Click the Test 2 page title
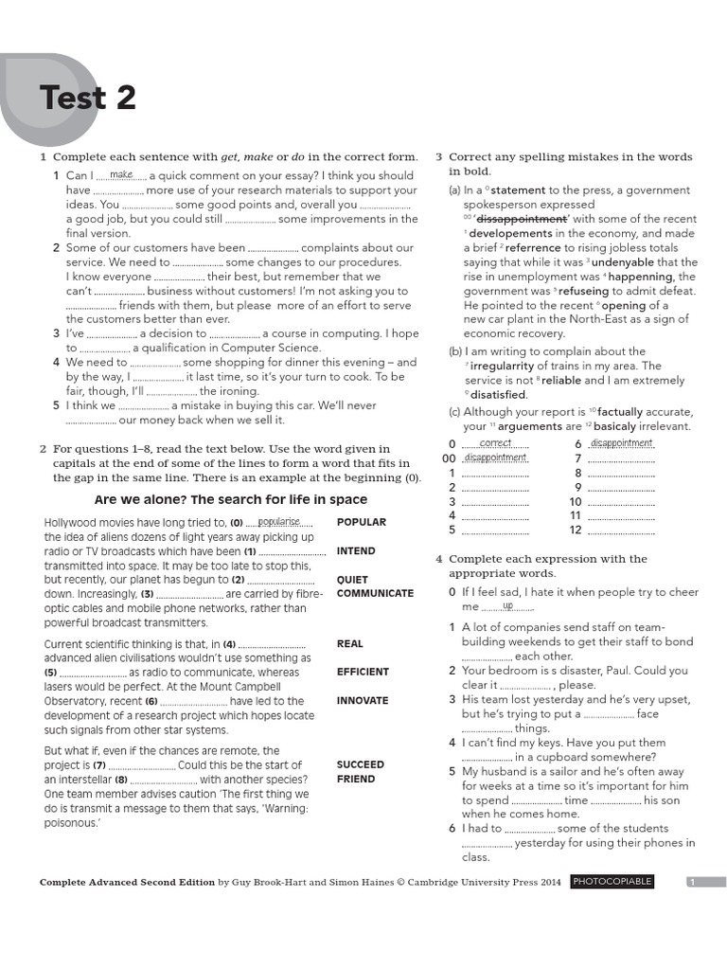(87, 98)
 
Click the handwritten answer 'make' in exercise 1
(121, 174)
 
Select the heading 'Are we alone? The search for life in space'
(231, 499)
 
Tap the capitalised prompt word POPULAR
(362, 522)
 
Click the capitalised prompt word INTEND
(356, 550)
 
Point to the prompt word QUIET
(352, 580)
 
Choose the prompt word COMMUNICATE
(375, 594)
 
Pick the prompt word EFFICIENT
(363, 672)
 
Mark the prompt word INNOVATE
(363, 701)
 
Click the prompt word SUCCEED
(361, 764)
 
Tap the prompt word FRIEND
(356, 779)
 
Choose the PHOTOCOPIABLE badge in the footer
(612, 882)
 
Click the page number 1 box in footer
(692, 882)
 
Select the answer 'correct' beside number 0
(496, 442)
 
